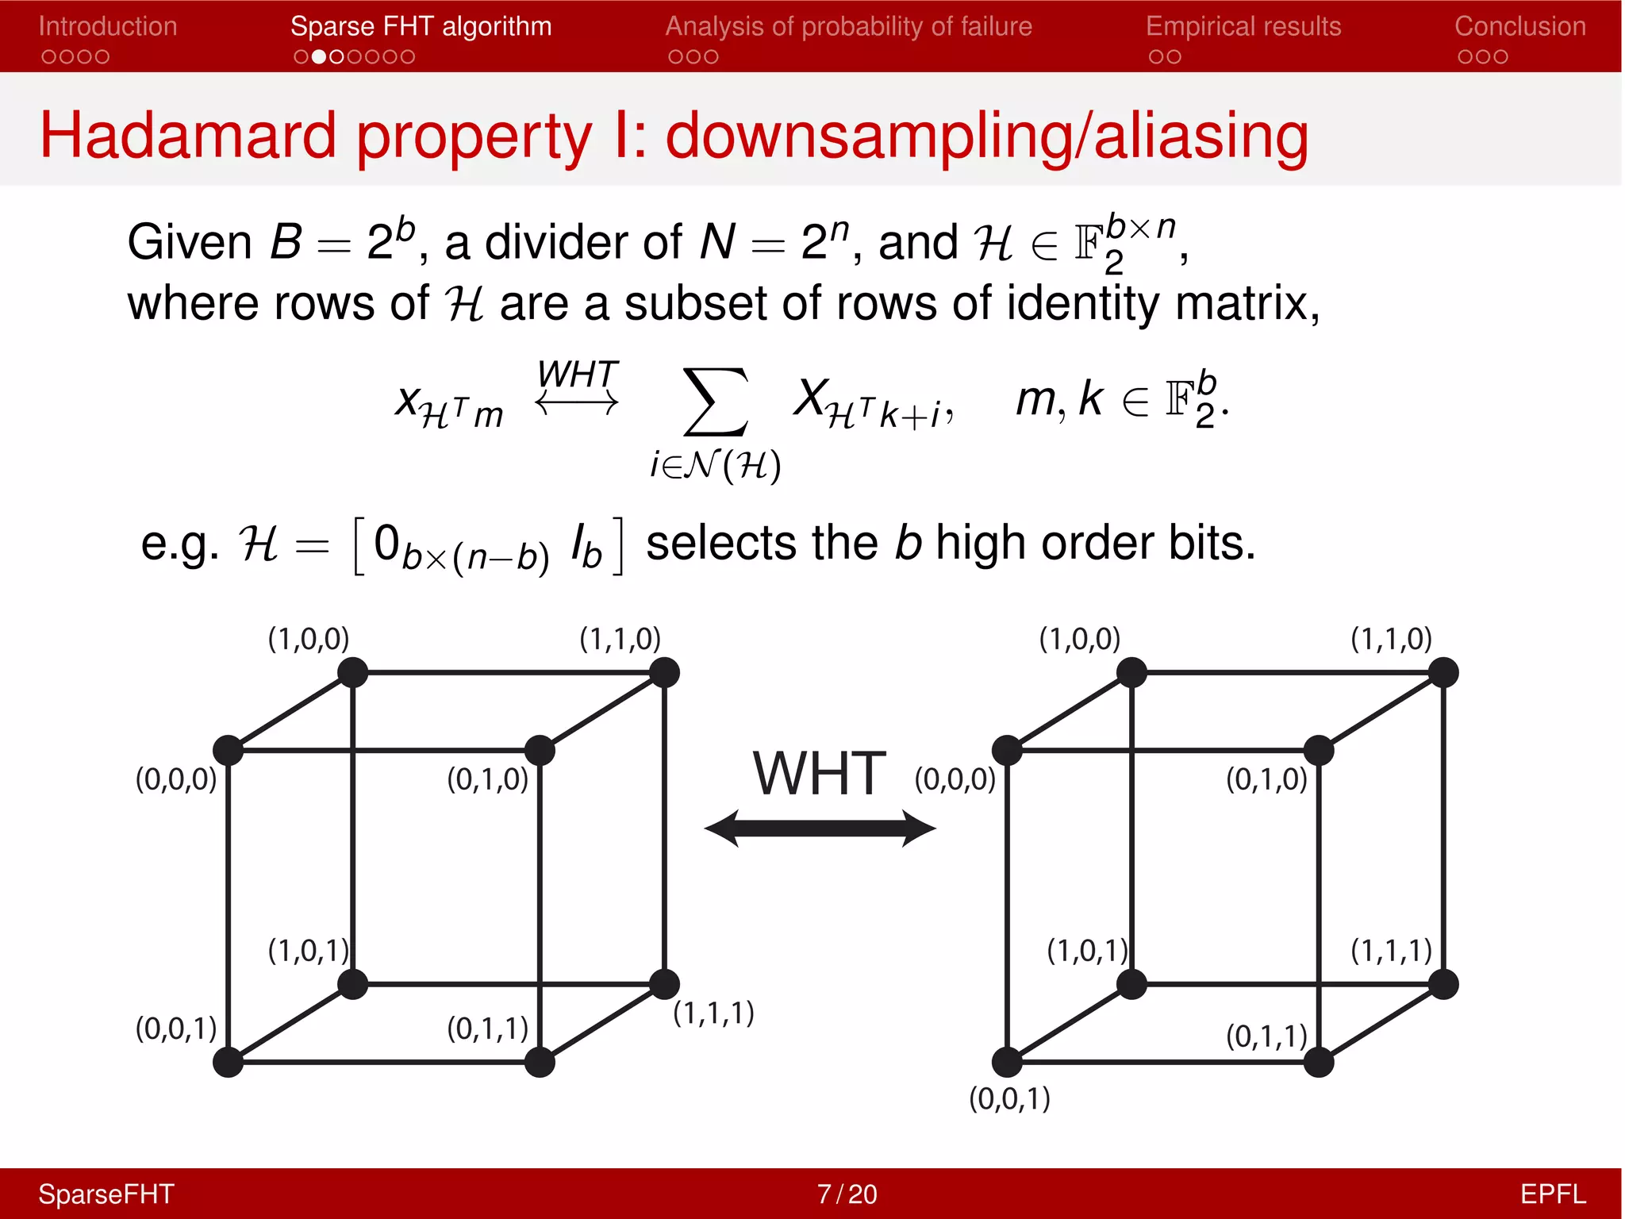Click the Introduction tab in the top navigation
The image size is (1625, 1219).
point(108,26)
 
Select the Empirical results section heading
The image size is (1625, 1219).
point(1243,26)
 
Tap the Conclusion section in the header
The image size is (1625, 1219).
point(1519,26)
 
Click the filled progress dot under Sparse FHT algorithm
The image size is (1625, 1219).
point(318,57)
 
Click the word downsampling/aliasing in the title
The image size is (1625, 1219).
point(986,136)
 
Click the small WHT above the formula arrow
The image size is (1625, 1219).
point(577,374)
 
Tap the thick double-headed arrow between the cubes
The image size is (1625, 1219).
point(820,829)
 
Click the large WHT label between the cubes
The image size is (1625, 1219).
point(820,774)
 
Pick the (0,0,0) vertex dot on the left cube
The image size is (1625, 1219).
point(229,750)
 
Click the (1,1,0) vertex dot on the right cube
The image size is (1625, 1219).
point(1443,672)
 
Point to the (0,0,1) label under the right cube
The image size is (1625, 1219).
point(1009,1098)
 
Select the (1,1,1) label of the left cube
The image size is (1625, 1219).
point(713,1013)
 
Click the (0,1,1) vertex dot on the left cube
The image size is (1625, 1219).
point(540,1062)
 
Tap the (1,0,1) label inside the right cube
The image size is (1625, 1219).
point(1087,950)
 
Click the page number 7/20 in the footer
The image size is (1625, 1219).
point(847,1194)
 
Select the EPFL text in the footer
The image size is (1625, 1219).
point(1552,1194)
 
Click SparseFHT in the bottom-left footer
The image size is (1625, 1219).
point(106,1194)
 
